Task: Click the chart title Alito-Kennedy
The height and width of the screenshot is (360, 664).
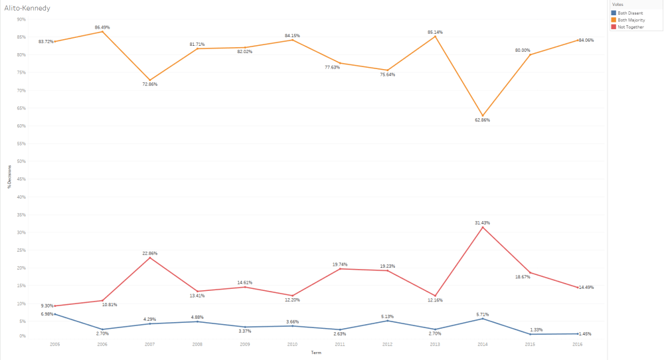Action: click(x=27, y=8)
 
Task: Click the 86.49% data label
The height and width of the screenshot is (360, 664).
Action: click(x=102, y=27)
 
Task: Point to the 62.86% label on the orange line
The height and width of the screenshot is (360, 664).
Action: click(x=482, y=120)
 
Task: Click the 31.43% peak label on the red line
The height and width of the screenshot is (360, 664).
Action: click(x=482, y=223)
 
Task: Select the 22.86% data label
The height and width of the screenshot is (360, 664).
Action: click(x=149, y=254)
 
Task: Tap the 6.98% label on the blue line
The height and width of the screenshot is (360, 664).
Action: click(x=46, y=313)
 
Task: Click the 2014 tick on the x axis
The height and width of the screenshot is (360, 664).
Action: click(x=483, y=344)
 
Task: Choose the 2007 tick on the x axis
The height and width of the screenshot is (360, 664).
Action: click(x=150, y=344)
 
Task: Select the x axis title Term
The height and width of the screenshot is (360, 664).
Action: click(x=316, y=353)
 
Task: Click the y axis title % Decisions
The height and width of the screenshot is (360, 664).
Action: click(x=10, y=179)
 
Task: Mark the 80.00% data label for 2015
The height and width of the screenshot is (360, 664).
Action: click(x=523, y=50)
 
